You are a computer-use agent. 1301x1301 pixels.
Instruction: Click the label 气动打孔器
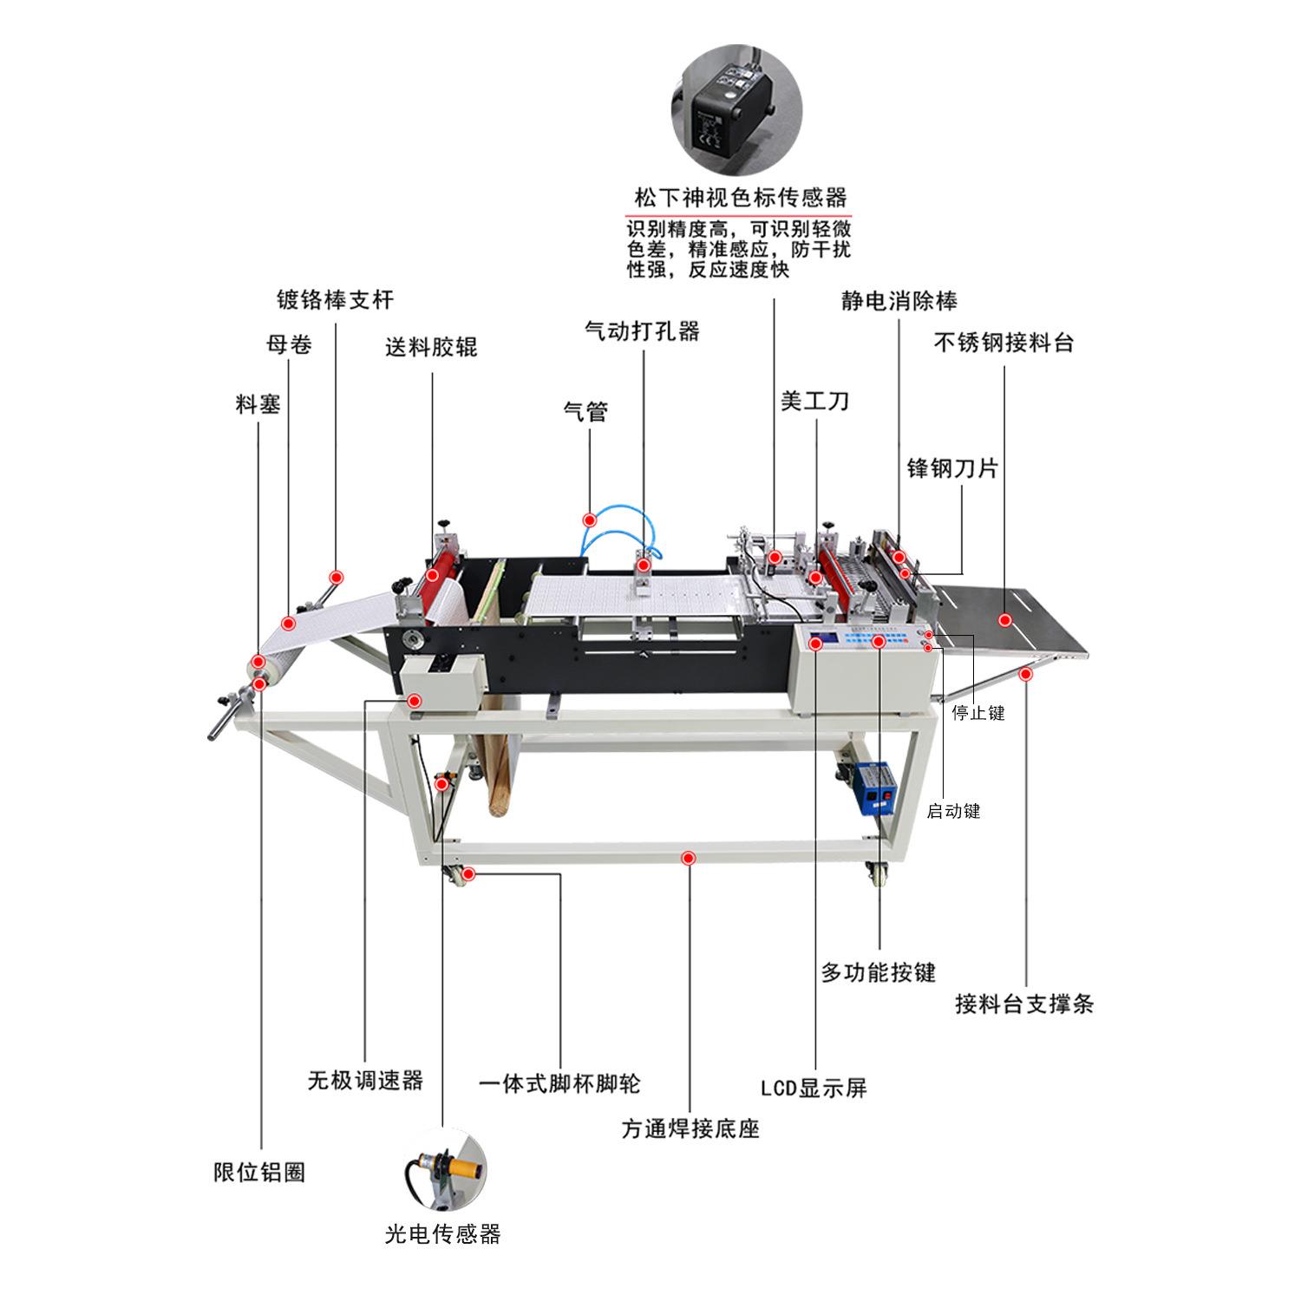coord(642,331)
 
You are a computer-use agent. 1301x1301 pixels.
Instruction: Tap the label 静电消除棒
coord(899,301)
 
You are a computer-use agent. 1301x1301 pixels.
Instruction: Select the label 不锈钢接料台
coord(1004,343)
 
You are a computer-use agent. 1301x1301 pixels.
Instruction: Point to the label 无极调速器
coord(365,1081)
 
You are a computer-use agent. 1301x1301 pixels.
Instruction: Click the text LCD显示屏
coord(814,1088)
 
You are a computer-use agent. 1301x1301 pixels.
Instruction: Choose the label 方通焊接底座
coord(690,1129)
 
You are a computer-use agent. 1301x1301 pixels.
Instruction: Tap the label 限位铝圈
coord(259,1173)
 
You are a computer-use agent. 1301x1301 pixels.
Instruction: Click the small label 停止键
coord(978,713)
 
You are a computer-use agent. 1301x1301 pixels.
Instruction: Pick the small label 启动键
coord(953,812)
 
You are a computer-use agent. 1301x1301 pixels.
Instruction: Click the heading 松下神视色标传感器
coord(740,198)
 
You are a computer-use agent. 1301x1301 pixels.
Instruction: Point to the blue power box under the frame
coord(874,787)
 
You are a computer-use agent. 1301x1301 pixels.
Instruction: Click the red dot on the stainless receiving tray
coord(1005,620)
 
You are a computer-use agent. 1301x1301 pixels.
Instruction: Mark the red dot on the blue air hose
coord(589,520)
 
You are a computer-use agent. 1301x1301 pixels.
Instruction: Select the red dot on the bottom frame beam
coord(689,858)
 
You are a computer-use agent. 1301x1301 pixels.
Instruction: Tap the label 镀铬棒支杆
coord(335,300)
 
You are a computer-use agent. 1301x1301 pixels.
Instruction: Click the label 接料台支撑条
coord(1024,1004)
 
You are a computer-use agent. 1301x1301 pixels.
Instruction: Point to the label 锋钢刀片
coord(952,468)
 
